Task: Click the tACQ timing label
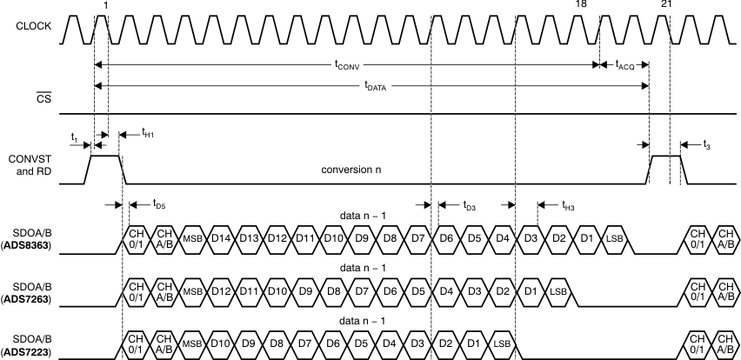coord(625,64)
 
